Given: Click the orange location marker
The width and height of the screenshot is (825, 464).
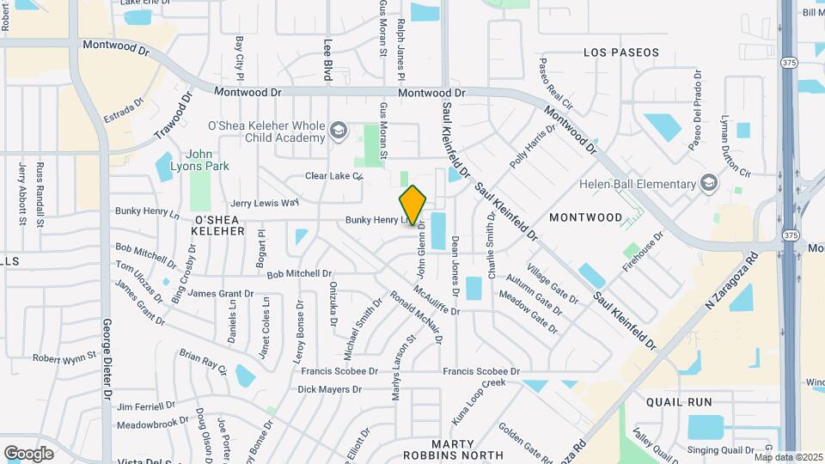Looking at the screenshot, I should coord(413,205).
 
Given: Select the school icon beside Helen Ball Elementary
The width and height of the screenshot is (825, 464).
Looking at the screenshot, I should coord(709,183).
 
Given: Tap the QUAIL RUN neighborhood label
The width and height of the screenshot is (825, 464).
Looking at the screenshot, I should coord(680,401).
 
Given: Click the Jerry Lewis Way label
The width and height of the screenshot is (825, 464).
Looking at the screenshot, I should coord(265,203).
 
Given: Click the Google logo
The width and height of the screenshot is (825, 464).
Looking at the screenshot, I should coord(28,453).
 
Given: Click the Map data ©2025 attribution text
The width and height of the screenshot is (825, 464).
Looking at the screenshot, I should coord(788,457).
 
